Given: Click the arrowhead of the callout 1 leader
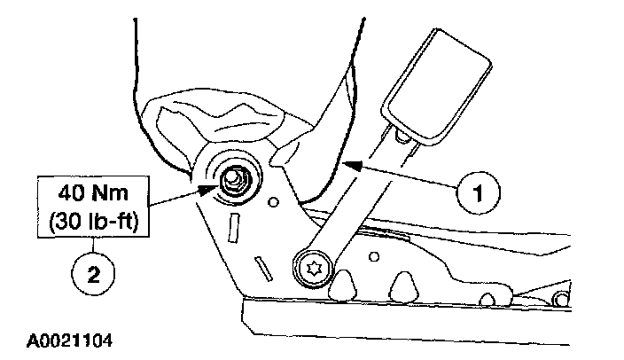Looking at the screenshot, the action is click(348, 164).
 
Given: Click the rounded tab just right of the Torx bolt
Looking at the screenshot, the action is click(343, 283).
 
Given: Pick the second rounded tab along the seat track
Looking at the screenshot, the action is click(405, 285).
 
